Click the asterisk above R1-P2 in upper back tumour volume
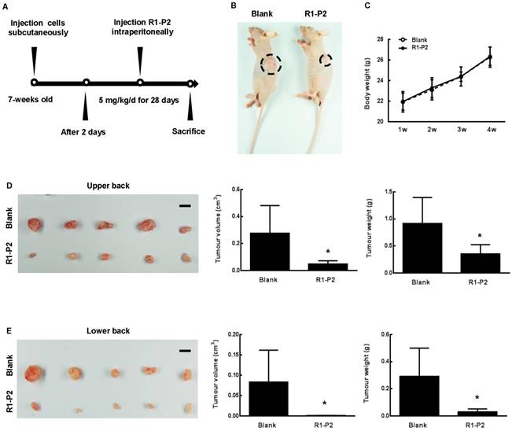click(x=305, y=252)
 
